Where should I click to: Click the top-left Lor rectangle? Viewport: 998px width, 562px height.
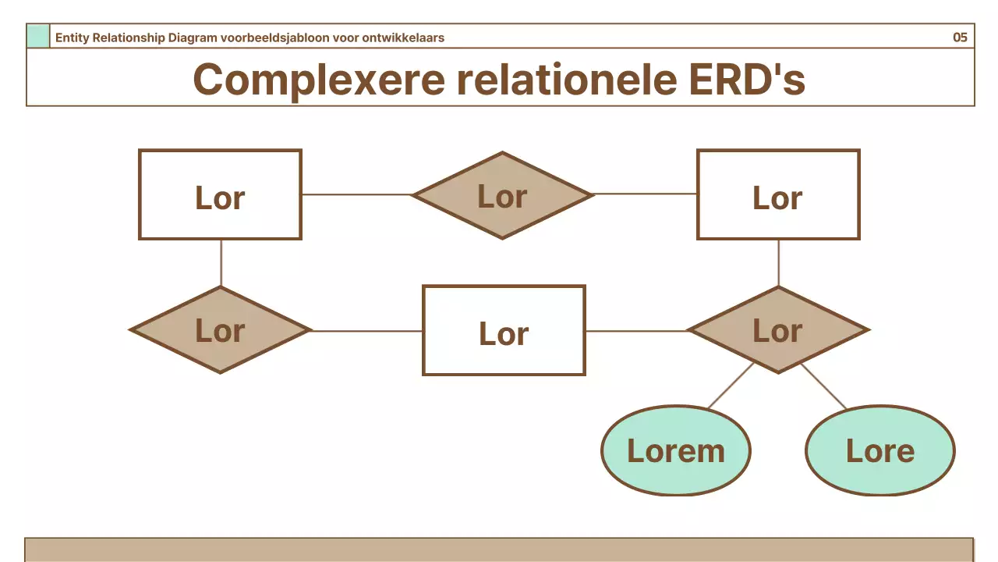tap(220, 194)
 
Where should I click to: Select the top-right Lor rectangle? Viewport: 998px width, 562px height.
tap(778, 194)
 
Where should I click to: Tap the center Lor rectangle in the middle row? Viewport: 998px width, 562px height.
tap(504, 330)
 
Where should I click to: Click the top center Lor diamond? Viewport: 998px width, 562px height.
tap(502, 195)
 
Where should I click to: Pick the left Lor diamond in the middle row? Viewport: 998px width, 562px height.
tap(220, 330)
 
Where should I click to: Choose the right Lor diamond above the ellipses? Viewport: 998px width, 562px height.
tap(778, 330)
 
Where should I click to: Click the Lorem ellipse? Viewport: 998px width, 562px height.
tap(675, 450)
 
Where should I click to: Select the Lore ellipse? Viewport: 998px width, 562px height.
tap(879, 450)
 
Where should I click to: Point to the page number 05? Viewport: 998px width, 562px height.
tap(960, 37)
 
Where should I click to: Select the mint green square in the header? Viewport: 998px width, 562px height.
tap(38, 36)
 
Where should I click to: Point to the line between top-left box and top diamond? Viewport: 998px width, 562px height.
tap(356, 194)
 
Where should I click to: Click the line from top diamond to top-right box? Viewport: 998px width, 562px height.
tap(645, 194)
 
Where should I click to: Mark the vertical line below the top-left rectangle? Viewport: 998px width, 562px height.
tap(221, 263)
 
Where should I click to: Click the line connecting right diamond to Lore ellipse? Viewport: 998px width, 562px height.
tap(823, 386)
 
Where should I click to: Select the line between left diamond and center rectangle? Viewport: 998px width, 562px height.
tap(366, 331)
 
